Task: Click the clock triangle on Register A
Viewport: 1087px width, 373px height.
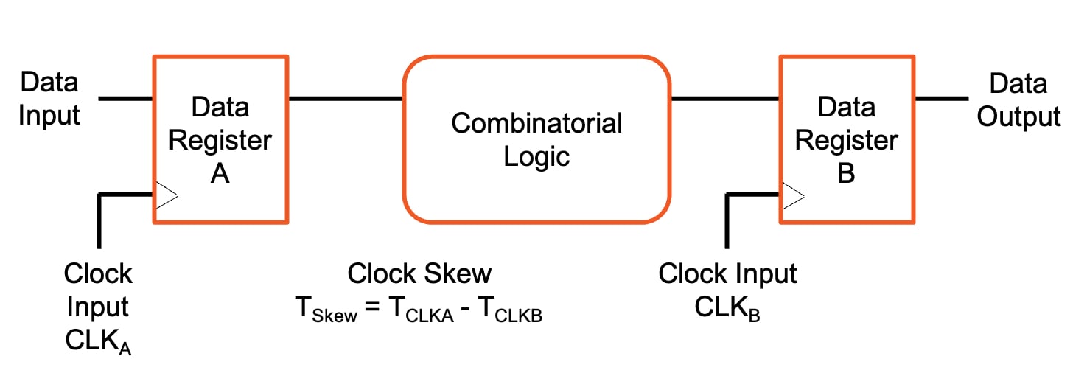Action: click(x=166, y=195)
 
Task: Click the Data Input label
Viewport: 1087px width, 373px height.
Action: click(x=49, y=99)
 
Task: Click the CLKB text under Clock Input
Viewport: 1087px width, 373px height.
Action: click(x=727, y=308)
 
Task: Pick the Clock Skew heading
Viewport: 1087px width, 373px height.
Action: click(x=419, y=274)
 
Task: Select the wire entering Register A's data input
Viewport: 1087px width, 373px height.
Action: click(x=125, y=98)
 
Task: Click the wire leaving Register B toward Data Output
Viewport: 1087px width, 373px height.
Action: click(x=941, y=98)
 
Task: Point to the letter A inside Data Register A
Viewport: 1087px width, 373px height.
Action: click(x=220, y=175)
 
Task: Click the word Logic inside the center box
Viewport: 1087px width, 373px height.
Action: click(x=536, y=156)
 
